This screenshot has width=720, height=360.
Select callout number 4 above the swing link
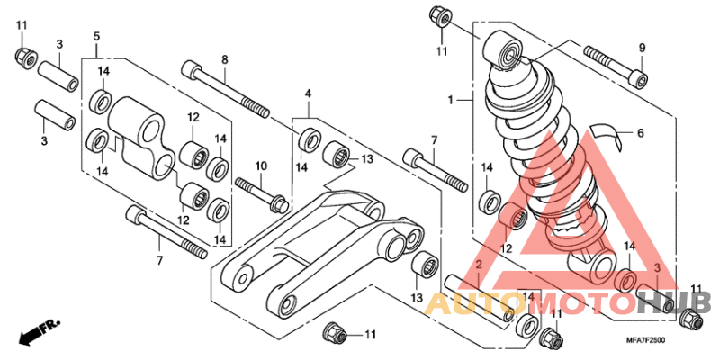[308, 94]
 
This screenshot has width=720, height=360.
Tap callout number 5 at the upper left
[95, 36]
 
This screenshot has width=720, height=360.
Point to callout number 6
[641, 132]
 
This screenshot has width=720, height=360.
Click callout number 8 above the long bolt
[225, 59]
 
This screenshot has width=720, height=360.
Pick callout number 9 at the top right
[643, 48]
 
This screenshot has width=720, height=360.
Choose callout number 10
[261, 166]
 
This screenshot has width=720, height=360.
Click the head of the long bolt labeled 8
[191, 68]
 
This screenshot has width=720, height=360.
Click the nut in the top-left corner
[24, 58]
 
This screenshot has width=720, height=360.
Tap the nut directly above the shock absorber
[442, 16]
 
